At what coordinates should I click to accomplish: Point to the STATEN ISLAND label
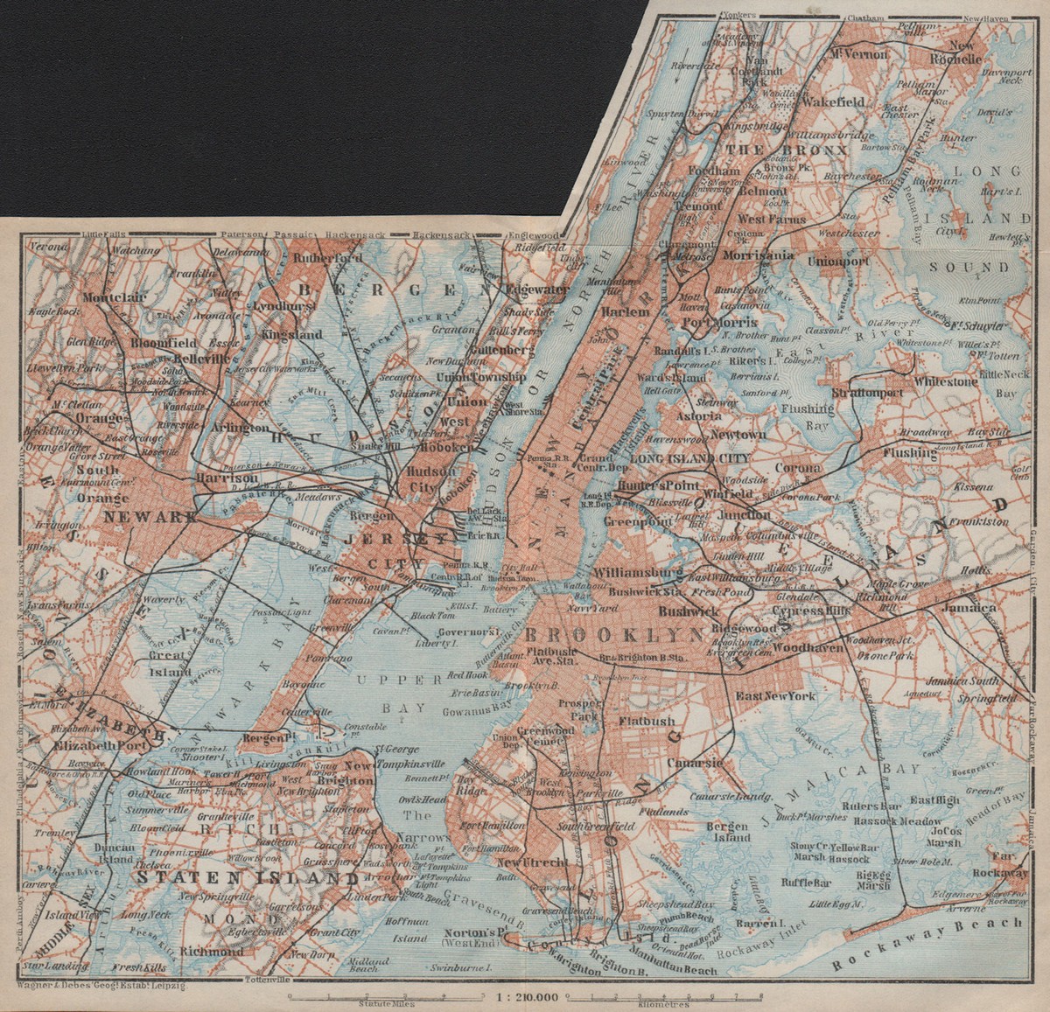(247, 877)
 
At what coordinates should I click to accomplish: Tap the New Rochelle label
(964, 52)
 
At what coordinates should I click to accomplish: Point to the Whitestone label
(945, 381)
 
